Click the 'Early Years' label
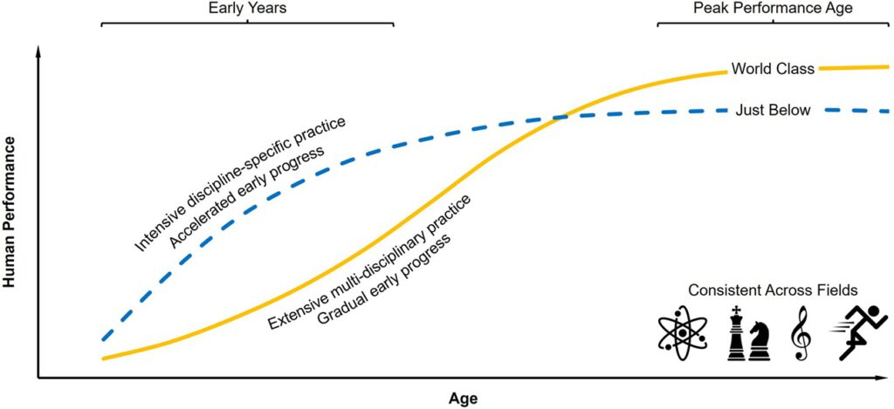pyautogui.click(x=247, y=8)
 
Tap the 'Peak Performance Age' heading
pyautogui.click(x=772, y=8)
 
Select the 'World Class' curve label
pyautogui.click(x=773, y=68)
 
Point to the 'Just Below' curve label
pyautogui.click(x=774, y=110)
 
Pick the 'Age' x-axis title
pyautogui.click(x=463, y=398)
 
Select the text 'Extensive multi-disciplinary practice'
pyautogui.click(x=369, y=262)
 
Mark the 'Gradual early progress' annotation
pyautogui.click(x=383, y=279)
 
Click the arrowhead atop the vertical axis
pyautogui.click(x=38, y=52)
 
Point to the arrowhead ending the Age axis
pyautogui.click(x=884, y=378)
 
